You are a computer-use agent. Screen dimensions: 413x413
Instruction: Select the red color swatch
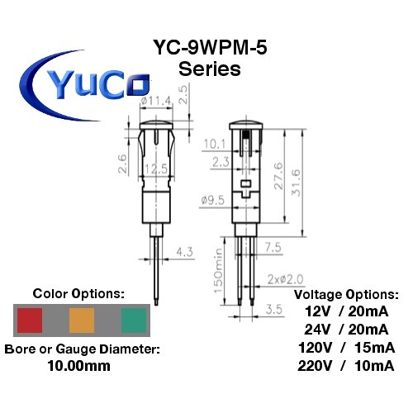30,320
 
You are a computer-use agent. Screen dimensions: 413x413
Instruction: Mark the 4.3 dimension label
184,249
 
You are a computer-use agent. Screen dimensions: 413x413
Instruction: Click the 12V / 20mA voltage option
345,311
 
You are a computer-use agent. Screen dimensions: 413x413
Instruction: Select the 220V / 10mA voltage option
345,365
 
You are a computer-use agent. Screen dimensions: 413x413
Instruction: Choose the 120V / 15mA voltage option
345,347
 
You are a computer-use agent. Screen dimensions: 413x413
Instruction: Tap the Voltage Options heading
345,293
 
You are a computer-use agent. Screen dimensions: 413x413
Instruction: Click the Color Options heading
79,293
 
